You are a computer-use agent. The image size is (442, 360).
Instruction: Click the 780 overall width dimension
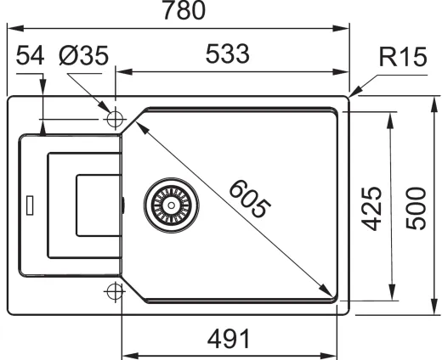pyautogui.click(x=184, y=10)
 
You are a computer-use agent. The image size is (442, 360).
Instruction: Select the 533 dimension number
pyautogui.click(x=227, y=53)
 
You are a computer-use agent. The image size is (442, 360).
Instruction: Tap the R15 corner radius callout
pyautogui.click(x=403, y=57)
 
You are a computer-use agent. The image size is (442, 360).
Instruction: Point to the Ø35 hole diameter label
pyautogui.click(x=84, y=55)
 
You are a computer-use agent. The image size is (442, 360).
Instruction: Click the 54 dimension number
pyautogui.click(x=30, y=55)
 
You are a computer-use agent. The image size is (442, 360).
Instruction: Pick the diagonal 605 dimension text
pyautogui.click(x=249, y=199)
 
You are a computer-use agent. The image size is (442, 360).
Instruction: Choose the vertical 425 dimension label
pyautogui.click(x=371, y=208)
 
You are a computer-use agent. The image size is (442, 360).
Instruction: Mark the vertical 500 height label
pyautogui.click(x=416, y=208)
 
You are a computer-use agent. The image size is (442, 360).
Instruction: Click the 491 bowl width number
pyautogui.click(x=229, y=338)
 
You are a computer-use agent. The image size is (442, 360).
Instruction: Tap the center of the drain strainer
pyautogui.click(x=171, y=205)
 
